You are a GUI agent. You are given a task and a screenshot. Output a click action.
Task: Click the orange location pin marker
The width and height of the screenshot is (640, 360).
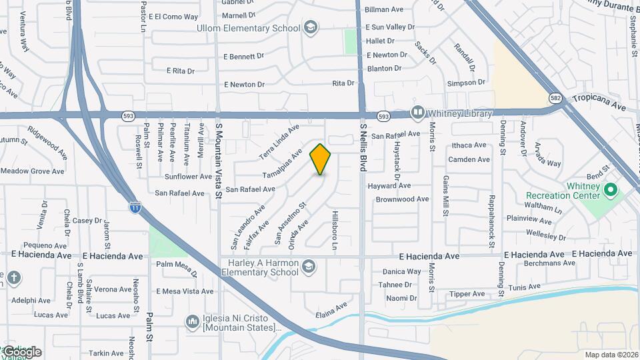(321, 159)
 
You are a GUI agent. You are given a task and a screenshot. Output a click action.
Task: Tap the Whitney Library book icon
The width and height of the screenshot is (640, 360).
(418, 113)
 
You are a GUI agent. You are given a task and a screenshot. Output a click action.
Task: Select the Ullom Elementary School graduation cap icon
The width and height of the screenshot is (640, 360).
(309, 27)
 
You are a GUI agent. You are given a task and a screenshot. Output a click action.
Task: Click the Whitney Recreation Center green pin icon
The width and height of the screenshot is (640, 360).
(609, 191)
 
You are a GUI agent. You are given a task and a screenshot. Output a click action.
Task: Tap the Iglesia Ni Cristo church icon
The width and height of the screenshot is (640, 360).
(193, 323)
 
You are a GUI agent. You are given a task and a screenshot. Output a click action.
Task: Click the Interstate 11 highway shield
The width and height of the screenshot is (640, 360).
(135, 207)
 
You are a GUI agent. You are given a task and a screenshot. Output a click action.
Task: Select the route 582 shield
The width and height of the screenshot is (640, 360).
(555, 98)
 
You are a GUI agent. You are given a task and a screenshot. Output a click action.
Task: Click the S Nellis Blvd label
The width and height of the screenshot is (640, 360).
(363, 147)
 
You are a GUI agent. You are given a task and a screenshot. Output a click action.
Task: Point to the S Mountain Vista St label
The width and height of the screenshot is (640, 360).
(218, 160)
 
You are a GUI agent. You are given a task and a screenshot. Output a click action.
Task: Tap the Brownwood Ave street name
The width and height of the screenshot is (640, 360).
(402, 199)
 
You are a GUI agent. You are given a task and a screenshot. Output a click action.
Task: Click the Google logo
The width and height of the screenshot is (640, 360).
(21, 351)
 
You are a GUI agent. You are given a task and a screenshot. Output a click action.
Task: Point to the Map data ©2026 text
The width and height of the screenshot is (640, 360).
(611, 355)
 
